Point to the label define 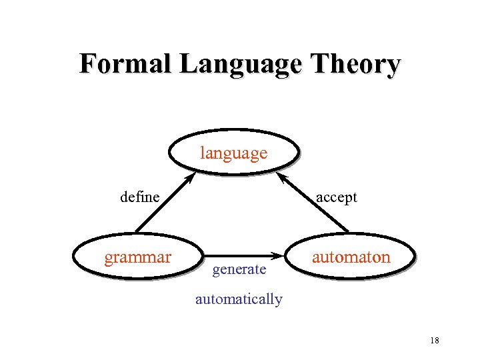(139, 197)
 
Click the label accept (336, 197)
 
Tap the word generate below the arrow (239, 269)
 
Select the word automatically (239, 299)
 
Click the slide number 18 (435, 341)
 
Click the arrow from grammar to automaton (240, 255)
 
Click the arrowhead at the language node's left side (190, 179)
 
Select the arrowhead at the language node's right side (281, 178)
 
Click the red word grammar (137, 257)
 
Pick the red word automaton (352, 257)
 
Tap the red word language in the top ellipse (233, 153)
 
